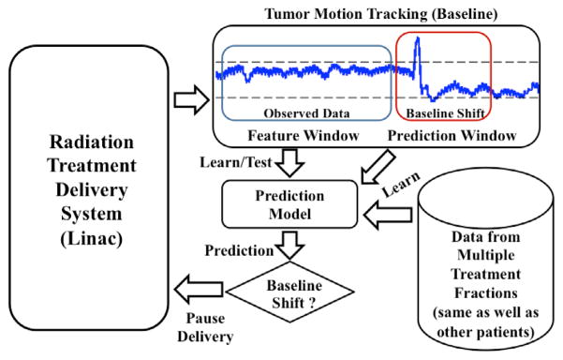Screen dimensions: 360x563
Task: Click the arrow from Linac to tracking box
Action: (190, 92)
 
